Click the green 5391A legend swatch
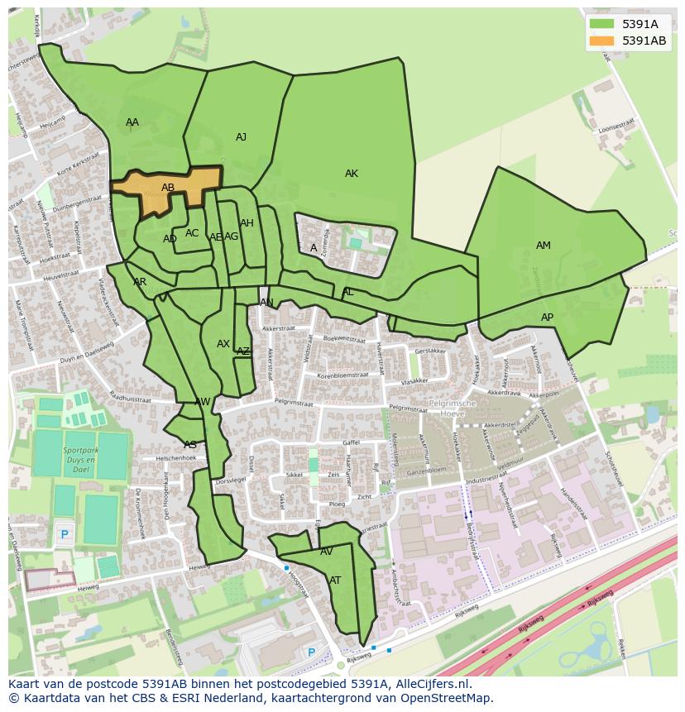coord(601,24)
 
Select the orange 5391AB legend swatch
coord(601,41)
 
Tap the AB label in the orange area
coord(168,188)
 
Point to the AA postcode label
coord(132,122)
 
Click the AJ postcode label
coord(241,137)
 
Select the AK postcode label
coord(352,174)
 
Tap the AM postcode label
coord(544,246)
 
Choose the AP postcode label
coord(547,318)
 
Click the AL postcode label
coord(348,292)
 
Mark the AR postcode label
coord(140,282)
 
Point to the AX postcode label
coord(223,344)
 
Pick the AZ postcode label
coord(243,351)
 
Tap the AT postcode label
coord(335,581)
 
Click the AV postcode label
coord(327,552)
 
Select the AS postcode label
coord(190,445)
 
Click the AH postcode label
coord(247,223)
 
